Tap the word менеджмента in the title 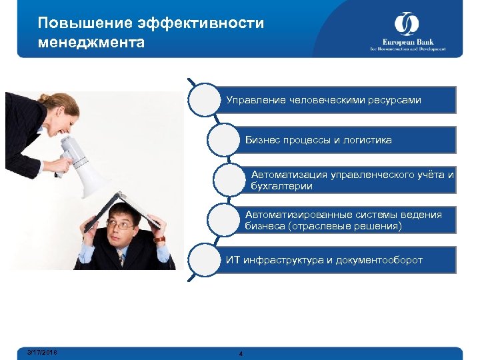(x=91, y=43)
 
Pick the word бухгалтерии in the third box (x=281, y=187)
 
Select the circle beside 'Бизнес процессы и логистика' (x=226, y=139)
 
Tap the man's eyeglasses (x=122, y=226)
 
